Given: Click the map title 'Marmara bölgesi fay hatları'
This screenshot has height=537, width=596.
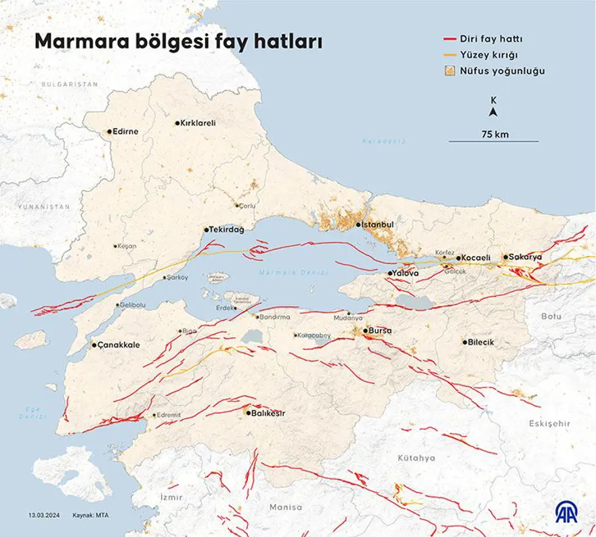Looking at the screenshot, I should coord(179,41).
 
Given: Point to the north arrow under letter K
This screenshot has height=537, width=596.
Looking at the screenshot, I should coord(494,112).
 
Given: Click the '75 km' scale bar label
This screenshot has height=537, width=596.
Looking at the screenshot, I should coord(494,134).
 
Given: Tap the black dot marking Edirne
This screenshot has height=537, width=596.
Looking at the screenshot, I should coord(109,132).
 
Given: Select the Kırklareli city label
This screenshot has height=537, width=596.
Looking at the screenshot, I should coord(200,123).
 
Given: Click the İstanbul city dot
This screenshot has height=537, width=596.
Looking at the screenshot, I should coord(359,225).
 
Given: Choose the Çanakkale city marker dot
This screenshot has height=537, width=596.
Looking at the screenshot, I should coord(94,345).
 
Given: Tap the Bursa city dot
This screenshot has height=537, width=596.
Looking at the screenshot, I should coord(364,330).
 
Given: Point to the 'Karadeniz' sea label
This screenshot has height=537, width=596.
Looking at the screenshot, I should coord(383,141).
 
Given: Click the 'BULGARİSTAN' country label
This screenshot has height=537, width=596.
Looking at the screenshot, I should coord(69,84).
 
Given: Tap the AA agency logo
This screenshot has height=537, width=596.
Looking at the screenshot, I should coord(567,513).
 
